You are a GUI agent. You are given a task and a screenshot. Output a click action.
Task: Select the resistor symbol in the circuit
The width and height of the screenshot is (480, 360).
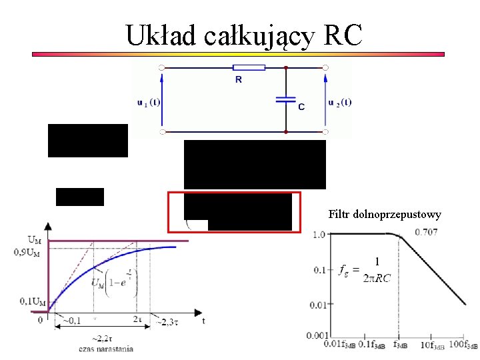[249, 67]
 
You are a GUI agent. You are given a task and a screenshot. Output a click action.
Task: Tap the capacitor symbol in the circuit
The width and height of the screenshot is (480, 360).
[285, 100]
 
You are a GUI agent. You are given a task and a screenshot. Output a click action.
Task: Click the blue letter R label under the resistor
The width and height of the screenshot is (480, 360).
[238, 80]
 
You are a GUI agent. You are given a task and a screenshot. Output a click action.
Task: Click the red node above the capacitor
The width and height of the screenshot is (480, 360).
[285, 67]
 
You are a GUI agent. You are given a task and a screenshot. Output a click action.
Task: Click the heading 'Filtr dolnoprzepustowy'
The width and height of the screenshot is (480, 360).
[385, 214]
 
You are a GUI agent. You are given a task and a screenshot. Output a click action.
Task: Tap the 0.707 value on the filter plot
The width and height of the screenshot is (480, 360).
[426, 232]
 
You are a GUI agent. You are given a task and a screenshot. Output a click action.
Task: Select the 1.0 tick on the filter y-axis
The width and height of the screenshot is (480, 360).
[319, 234]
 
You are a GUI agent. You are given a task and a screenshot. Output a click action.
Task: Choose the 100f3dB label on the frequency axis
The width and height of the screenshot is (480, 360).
[463, 345]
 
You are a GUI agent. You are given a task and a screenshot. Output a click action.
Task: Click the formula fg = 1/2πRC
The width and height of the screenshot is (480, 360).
[365, 270]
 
